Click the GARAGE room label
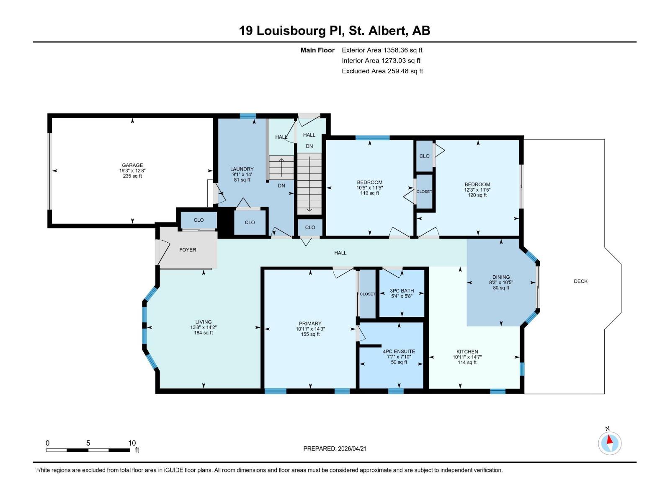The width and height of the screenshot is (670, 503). pyautogui.click(x=132, y=165)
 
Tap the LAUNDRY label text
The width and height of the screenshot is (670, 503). pyautogui.click(x=242, y=169)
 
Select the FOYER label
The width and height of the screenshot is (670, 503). pyautogui.click(x=188, y=250)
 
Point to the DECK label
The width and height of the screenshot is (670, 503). pyautogui.click(x=580, y=281)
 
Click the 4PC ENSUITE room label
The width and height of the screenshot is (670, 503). pyautogui.click(x=399, y=352)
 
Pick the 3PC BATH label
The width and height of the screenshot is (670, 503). pyautogui.click(x=402, y=290)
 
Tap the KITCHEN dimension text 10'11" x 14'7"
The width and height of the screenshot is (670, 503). pyautogui.click(x=467, y=358)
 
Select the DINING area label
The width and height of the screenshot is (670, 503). pyautogui.click(x=501, y=277)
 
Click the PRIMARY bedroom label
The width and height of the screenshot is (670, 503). pyautogui.click(x=310, y=324)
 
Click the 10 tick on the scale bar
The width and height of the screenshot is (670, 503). pyautogui.click(x=132, y=443)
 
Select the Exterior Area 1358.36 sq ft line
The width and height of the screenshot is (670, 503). pyautogui.click(x=382, y=50)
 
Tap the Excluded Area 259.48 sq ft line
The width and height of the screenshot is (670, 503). pyautogui.click(x=382, y=71)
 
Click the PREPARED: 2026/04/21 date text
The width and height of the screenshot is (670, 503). pyautogui.click(x=335, y=449)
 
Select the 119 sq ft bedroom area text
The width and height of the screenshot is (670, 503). pyautogui.click(x=370, y=193)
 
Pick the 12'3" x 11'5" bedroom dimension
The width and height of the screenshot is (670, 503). pyautogui.click(x=477, y=190)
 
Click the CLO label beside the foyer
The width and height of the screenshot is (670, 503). pyautogui.click(x=198, y=220)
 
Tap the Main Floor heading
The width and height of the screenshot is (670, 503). pyautogui.click(x=317, y=50)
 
